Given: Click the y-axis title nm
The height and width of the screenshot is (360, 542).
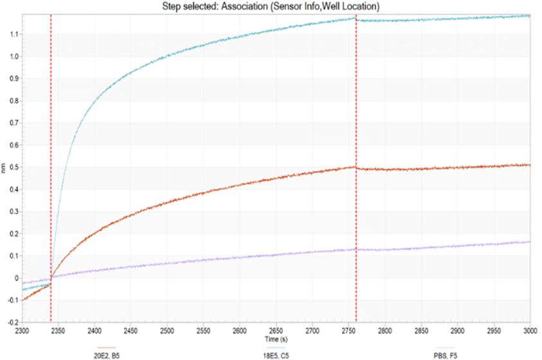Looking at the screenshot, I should (5, 167).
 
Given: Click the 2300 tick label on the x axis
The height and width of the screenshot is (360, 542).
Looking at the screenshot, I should (22, 328).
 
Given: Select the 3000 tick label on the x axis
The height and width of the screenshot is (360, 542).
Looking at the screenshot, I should (528, 328).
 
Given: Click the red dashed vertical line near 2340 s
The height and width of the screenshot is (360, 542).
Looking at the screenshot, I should (51, 161).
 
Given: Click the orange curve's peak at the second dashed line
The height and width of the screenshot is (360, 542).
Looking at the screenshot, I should (355, 166).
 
